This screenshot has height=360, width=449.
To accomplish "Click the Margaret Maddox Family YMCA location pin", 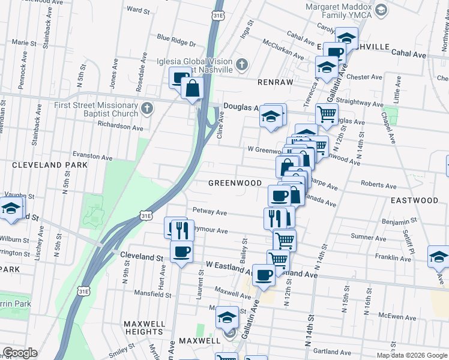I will click(381, 9).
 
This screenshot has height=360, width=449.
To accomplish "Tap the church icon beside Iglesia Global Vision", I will click(241, 64).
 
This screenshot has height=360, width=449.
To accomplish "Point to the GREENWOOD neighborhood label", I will click(235, 183).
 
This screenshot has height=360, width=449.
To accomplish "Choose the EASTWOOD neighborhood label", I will click(415, 200).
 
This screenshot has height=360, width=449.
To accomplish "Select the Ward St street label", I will click(138, 10).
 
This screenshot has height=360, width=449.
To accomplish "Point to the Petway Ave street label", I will click(209, 212).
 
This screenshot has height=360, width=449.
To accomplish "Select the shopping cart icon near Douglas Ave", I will click(327, 113).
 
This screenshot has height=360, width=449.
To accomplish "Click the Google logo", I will click(20, 353).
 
